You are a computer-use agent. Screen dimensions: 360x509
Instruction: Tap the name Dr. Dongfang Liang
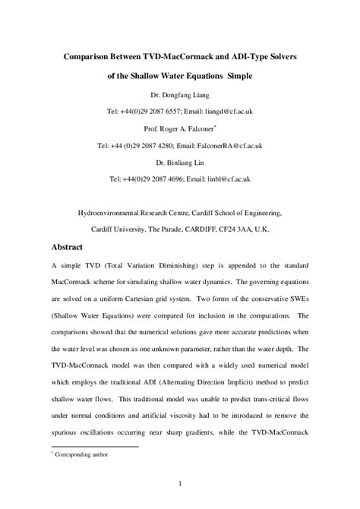[180, 95]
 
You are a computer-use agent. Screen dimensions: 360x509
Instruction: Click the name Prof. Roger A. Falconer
[178, 128]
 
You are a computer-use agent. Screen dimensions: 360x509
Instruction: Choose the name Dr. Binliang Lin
[180, 161]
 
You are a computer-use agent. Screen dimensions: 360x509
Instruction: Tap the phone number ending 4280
[154, 144]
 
